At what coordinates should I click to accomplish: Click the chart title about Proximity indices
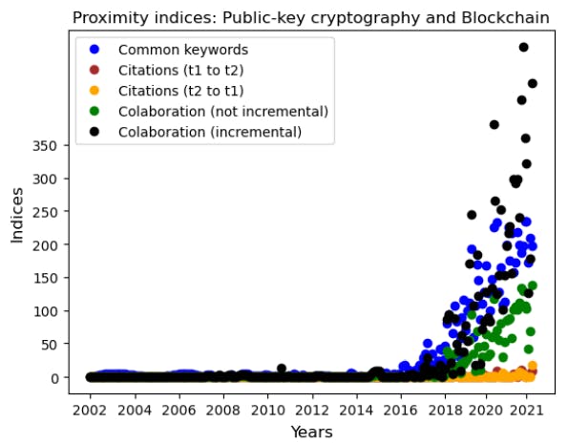pyautogui.click(x=310, y=17)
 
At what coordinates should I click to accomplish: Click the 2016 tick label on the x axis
pyautogui.click(x=401, y=410)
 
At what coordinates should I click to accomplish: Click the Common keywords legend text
pyautogui.click(x=182, y=50)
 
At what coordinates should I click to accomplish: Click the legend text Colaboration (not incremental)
pyautogui.click(x=222, y=112)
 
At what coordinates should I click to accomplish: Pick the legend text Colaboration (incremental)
pyautogui.click(x=209, y=132)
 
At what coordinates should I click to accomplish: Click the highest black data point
pyautogui.click(x=523, y=47)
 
